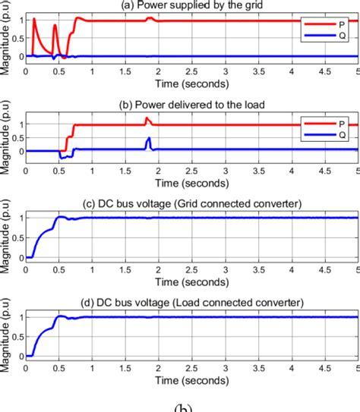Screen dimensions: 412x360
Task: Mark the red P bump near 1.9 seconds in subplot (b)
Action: [148, 119]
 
